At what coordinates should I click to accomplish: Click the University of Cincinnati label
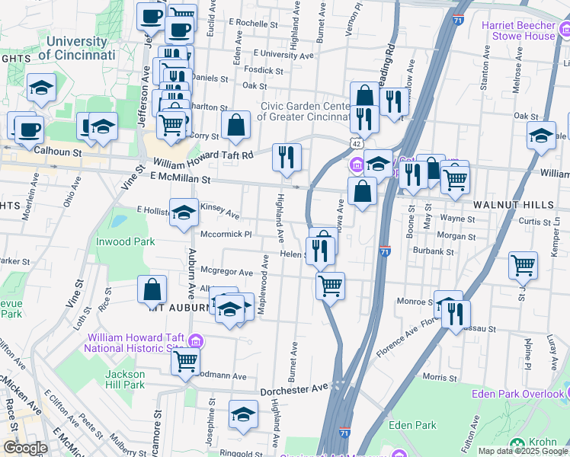[x=76, y=48]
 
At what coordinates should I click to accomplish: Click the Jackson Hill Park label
[x=124, y=379]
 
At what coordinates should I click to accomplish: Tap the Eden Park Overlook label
[x=517, y=394]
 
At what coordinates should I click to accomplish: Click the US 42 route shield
[x=356, y=143]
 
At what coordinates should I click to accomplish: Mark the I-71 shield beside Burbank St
[x=385, y=251]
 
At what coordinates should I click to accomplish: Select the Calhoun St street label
[x=56, y=152]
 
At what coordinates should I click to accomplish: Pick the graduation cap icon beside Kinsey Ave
[x=184, y=214]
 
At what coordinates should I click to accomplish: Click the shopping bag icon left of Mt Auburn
[x=152, y=289]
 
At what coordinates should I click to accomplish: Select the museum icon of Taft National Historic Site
[x=197, y=340]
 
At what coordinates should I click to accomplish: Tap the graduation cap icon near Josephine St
[x=243, y=414]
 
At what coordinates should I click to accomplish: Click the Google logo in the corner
[x=25, y=448]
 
